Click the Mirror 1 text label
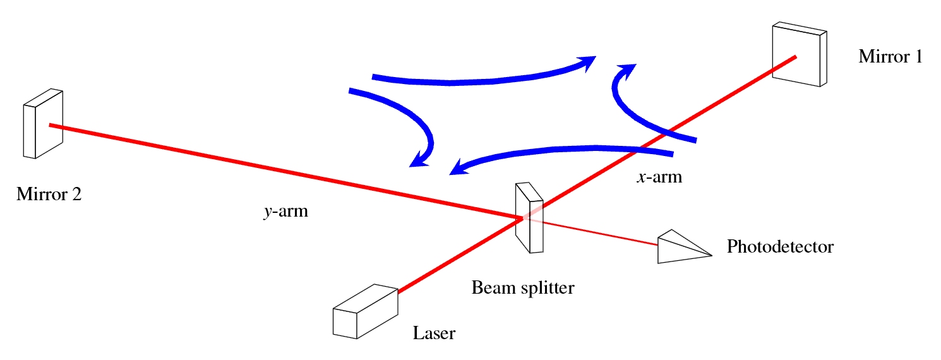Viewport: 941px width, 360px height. (890, 57)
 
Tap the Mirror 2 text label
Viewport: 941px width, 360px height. (49, 194)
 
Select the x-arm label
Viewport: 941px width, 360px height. (659, 177)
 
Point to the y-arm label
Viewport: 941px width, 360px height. (285, 212)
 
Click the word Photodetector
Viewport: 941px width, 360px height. (780, 246)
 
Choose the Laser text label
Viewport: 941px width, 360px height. (434, 333)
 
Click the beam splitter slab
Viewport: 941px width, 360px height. (529, 218)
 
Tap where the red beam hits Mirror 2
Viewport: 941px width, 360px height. (51, 125)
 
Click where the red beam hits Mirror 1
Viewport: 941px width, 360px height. (794, 57)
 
